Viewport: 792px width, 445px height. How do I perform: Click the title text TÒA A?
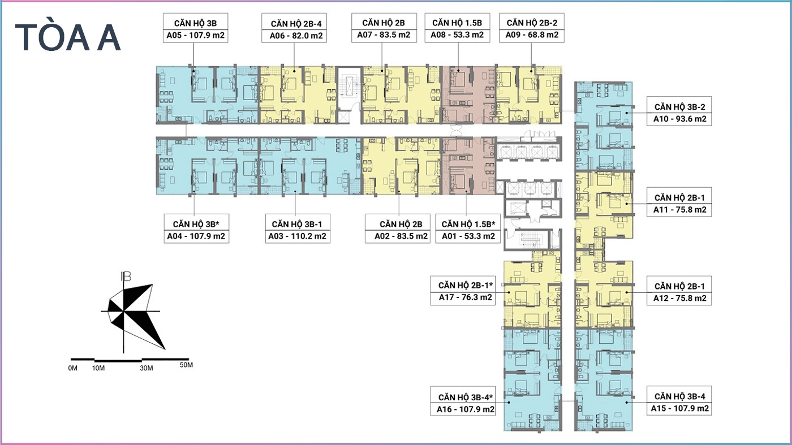click(x=68, y=38)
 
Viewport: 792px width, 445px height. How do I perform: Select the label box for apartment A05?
click(x=196, y=28)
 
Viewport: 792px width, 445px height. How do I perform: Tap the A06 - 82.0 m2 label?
click(x=296, y=36)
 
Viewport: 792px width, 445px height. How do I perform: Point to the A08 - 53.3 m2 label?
click(x=457, y=34)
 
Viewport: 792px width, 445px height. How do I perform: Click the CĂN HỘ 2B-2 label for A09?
click(x=532, y=23)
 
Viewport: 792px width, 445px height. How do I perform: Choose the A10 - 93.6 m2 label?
click(x=679, y=119)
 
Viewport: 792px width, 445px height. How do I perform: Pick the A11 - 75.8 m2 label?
click(x=679, y=210)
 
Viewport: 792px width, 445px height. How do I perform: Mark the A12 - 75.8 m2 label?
click(x=679, y=298)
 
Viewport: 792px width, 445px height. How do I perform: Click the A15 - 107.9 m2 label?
click(x=679, y=408)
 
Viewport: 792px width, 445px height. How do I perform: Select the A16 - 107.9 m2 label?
click(x=465, y=409)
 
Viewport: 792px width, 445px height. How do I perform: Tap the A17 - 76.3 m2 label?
click(x=465, y=297)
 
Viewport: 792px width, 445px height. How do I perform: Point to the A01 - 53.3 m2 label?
click(x=468, y=236)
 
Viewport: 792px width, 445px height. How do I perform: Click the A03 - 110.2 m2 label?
click(x=297, y=236)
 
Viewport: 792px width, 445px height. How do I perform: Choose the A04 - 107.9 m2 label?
click(x=196, y=236)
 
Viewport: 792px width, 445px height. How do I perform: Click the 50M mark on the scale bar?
click(x=186, y=365)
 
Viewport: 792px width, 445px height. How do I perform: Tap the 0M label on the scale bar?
click(x=72, y=368)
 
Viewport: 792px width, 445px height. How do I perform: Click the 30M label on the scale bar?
click(x=147, y=368)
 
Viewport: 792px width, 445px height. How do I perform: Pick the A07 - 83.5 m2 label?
click(x=384, y=34)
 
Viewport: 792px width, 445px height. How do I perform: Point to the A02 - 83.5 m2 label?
click(x=401, y=236)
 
